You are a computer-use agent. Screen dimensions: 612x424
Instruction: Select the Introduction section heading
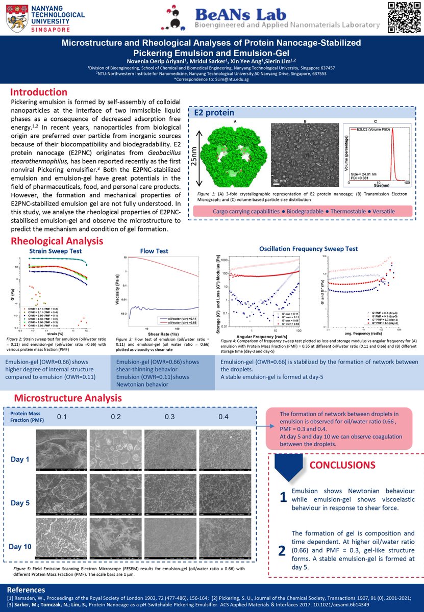39,92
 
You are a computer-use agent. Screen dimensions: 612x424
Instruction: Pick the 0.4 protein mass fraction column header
223,417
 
